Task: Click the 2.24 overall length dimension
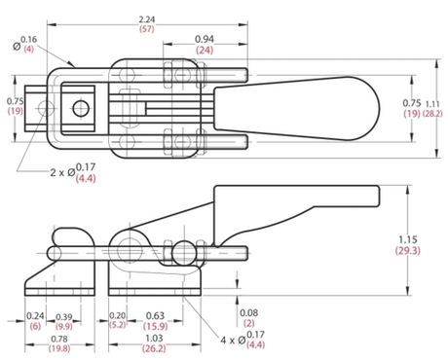point(146,18)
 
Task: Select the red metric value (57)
point(146,30)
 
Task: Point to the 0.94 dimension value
point(204,39)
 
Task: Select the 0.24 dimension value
point(37,316)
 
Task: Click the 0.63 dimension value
point(154,316)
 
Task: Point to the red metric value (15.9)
point(154,327)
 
